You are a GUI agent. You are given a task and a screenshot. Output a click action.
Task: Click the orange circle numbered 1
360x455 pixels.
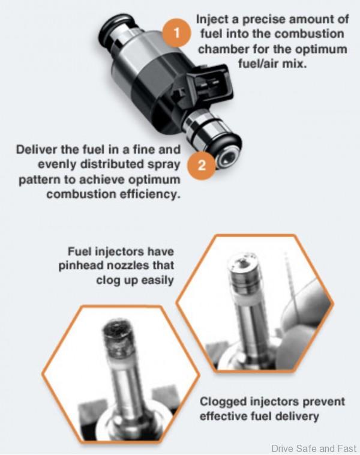click(x=176, y=34)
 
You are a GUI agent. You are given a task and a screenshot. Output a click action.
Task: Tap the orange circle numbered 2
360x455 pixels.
click(x=202, y=166)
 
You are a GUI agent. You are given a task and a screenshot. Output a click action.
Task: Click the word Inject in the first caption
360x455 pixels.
click(x=211, y=19)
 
